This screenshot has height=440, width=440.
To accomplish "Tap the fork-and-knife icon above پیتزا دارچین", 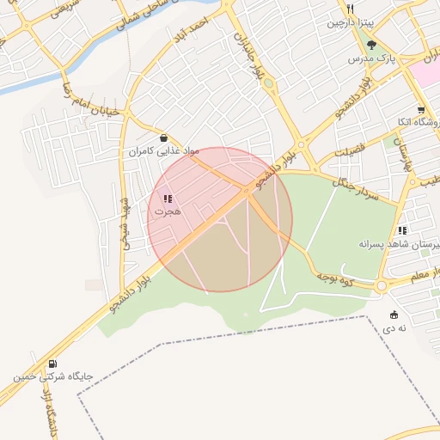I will click(351, 9).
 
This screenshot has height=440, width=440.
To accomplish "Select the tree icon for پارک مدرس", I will click(371, 45).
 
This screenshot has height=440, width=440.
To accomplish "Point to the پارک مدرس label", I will click(370, 58).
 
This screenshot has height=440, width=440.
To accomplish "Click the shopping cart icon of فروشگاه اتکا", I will click(420, 110).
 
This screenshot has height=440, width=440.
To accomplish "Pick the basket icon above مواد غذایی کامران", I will click(163, 137).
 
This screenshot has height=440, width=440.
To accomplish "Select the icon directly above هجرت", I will click(167, 199).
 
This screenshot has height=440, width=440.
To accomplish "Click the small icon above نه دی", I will click(394, 315).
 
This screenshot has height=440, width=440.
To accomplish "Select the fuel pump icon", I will click(53, 364).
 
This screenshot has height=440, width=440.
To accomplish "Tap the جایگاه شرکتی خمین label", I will click(52, 376).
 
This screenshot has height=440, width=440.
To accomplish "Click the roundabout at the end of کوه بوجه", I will click(382, 285).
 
